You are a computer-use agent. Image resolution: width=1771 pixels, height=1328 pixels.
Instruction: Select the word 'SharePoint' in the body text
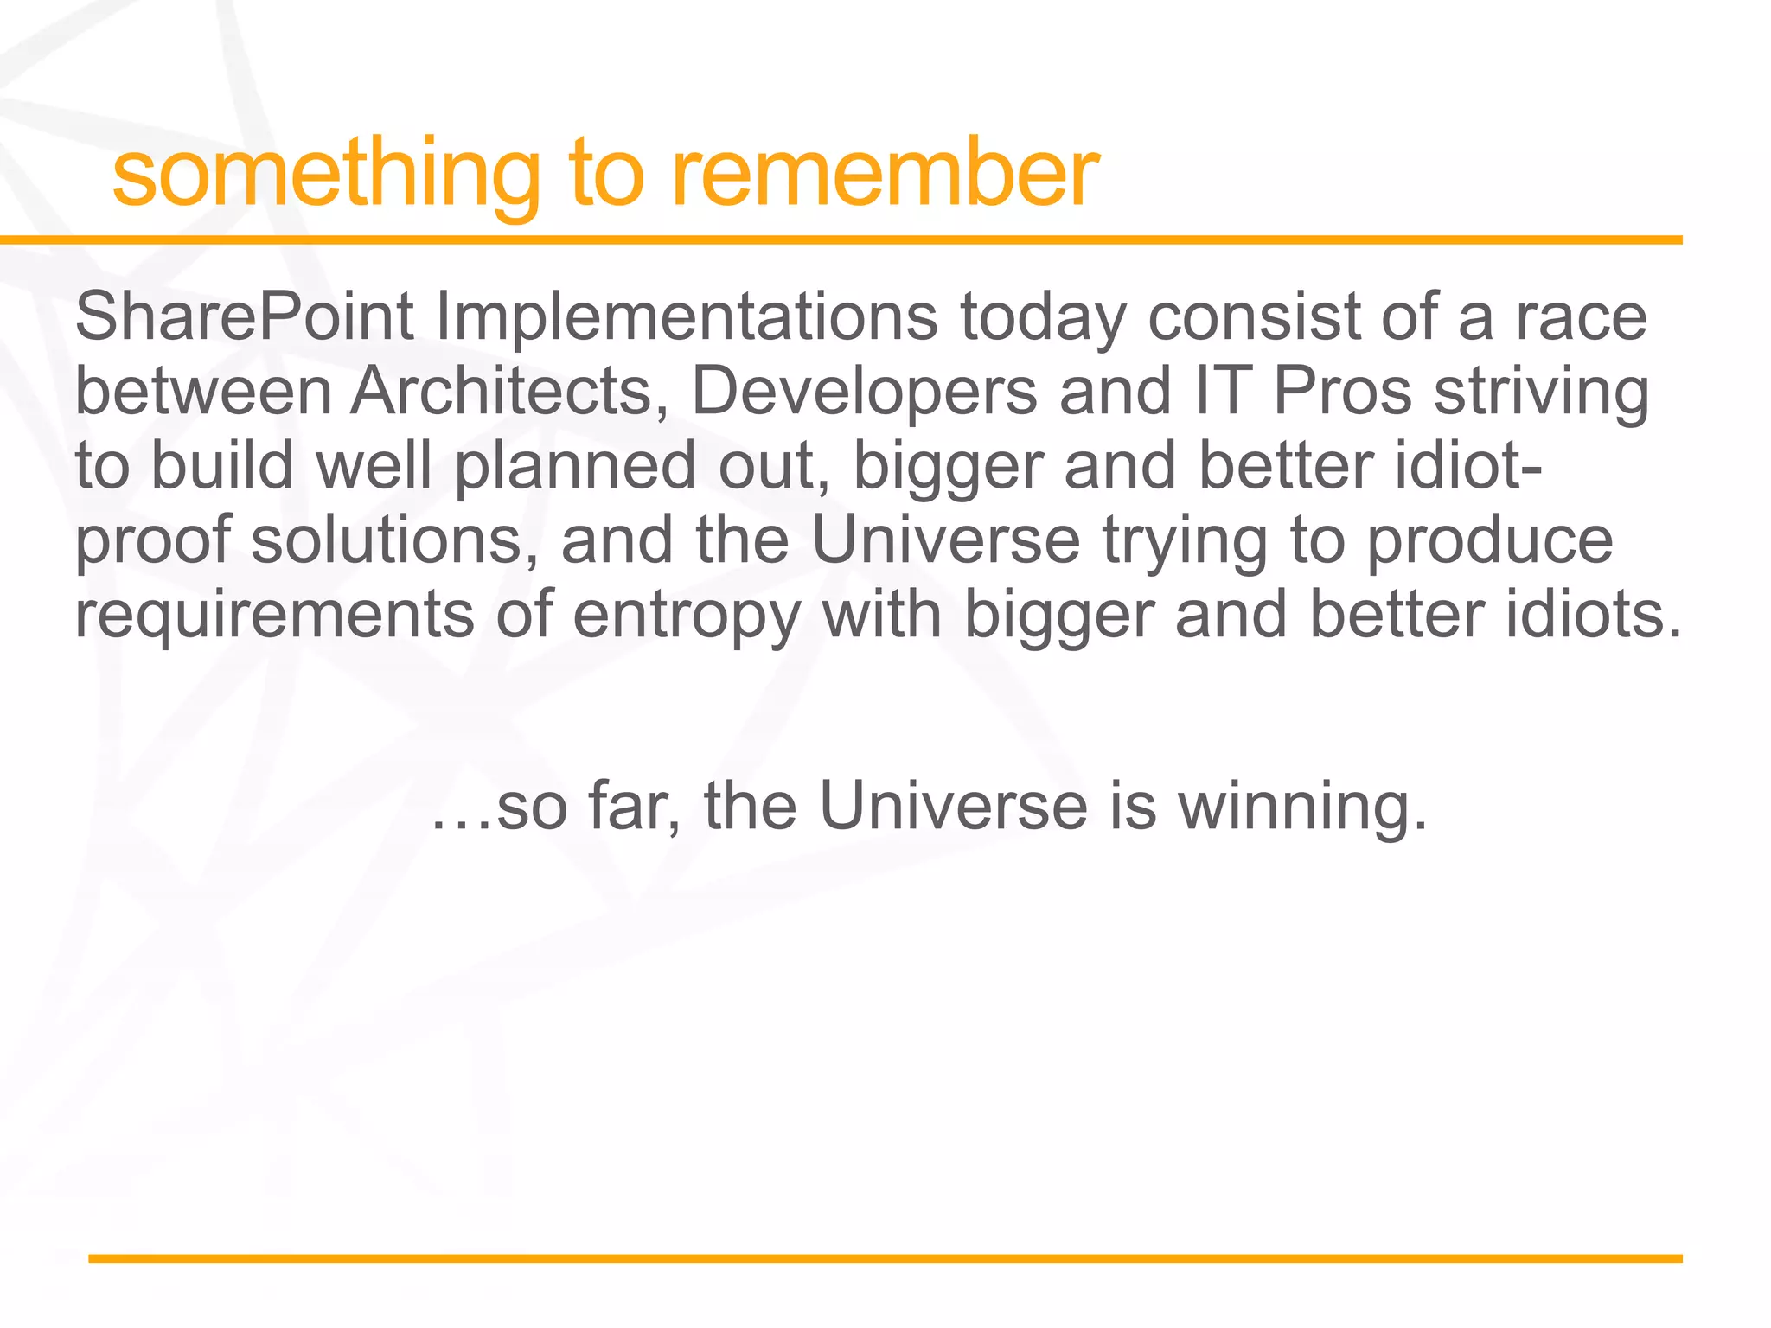245,317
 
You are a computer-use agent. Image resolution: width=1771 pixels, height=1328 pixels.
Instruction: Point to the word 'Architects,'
509,392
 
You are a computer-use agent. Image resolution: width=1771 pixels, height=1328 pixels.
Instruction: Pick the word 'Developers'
864,392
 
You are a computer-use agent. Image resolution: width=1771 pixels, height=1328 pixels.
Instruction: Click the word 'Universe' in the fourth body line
945,540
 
